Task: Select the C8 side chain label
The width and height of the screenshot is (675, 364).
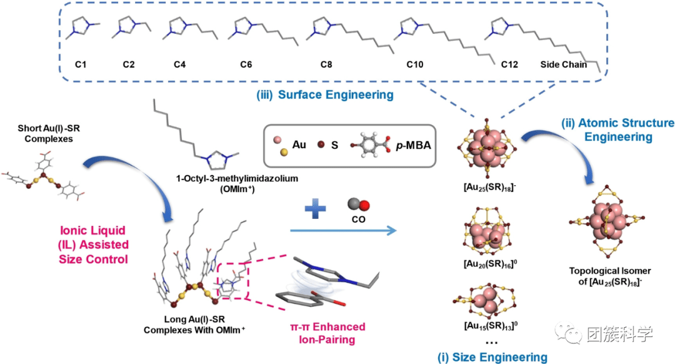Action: (x=326, y=64)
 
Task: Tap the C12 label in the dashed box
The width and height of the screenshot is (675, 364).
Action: (x=508, y=64)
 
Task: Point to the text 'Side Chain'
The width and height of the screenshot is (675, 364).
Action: (x=564, y=64)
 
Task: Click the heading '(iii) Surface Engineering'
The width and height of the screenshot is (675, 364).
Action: (x=324, y=94)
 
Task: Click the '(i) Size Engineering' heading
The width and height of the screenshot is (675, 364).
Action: (x=492, y=357)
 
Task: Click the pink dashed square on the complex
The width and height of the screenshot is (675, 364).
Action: (x=232, y=285)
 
